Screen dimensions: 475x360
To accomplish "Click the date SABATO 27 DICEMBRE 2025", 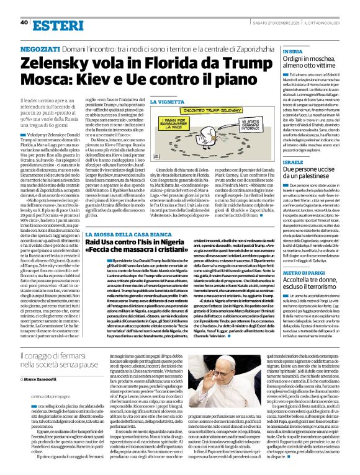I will click(279, 6).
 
